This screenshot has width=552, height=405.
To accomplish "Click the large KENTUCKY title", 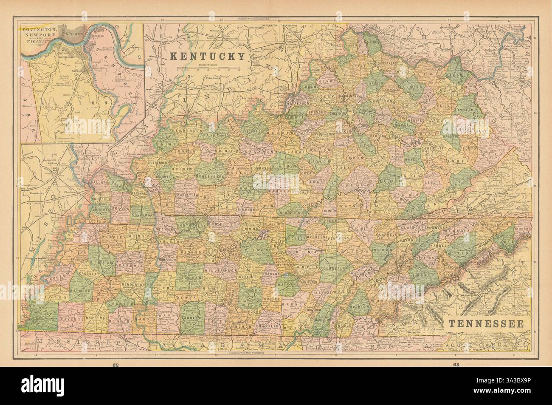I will (x=208, y=56).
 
